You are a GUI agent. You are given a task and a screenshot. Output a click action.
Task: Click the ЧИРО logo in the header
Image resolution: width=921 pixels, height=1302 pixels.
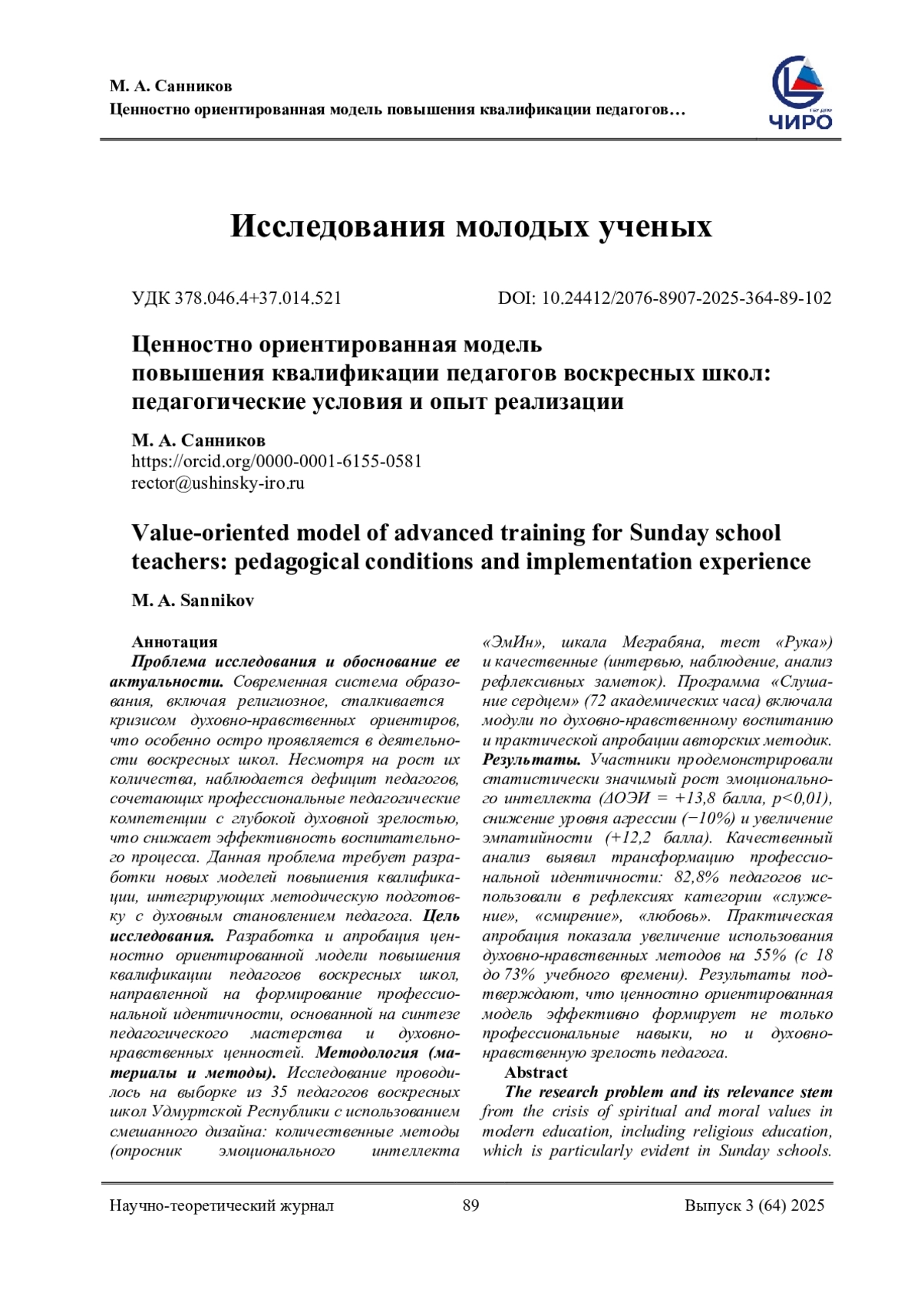(801, 94)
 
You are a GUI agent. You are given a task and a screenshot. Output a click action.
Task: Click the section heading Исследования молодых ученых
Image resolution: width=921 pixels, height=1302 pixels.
(471, 226)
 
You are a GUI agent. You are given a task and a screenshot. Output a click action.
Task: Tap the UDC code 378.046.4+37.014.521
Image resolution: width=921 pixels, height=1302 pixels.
(258, 298)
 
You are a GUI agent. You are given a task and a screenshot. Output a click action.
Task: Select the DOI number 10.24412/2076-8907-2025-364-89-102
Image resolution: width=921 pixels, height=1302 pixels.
(686, 298)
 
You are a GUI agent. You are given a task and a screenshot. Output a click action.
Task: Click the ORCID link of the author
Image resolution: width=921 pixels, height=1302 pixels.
(276, 461)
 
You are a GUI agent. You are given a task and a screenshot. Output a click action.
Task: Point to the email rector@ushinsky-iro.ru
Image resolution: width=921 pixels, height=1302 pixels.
(218, 483)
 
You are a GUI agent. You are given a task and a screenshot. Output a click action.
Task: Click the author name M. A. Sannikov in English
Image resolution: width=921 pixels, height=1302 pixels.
(193, 601)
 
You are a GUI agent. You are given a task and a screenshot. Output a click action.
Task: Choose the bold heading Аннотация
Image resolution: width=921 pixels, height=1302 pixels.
(174, 641)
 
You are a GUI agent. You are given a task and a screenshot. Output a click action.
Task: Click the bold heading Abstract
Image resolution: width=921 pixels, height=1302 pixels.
(536, 1073)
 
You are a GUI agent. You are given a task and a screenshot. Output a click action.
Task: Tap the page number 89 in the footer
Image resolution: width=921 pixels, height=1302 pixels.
(470, 1205)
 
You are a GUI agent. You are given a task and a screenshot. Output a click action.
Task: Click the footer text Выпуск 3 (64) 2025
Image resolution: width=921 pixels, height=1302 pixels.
(754, 1205)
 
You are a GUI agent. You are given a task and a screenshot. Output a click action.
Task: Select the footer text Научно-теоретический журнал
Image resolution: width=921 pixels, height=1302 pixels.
(222, 1205)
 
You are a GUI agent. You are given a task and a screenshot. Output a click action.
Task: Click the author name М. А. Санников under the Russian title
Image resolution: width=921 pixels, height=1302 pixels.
(198, 440)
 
